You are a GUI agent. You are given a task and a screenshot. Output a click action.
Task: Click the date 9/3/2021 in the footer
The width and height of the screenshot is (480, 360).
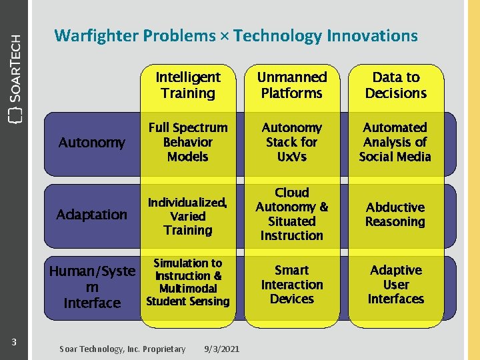coord(223,349)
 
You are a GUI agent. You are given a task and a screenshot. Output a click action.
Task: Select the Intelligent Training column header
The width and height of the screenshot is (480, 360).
coord(188,85)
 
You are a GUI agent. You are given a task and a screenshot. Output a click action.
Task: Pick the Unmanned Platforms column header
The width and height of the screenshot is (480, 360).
coord(292,85)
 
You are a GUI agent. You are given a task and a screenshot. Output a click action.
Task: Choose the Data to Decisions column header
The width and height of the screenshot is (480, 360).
coord(395,85)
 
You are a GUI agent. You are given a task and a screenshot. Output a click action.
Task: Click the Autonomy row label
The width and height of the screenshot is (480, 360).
coord(92,142)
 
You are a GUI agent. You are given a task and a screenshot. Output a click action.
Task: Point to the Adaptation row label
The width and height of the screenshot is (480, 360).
coord(92,214)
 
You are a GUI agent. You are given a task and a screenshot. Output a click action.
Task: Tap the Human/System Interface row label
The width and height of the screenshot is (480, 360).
coord(92,287)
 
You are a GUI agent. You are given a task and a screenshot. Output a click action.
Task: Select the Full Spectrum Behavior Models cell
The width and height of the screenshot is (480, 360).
coord(188,142)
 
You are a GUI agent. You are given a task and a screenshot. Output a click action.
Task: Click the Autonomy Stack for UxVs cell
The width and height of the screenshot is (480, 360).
coord(292,142)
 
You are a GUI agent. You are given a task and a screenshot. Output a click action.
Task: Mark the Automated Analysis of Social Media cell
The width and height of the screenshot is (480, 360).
coord(395,142)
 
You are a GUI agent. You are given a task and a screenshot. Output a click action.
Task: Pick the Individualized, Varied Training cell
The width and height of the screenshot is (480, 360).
coord(188,216)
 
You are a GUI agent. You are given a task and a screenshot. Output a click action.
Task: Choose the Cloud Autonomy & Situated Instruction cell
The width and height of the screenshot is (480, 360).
coord(292,214)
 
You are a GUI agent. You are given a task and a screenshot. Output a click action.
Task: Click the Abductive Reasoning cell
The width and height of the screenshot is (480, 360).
coord(395,214)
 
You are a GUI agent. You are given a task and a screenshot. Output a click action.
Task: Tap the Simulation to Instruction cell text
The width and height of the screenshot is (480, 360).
coord(188,282)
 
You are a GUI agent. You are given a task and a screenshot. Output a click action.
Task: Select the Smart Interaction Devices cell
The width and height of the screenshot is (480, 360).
coord(292,284)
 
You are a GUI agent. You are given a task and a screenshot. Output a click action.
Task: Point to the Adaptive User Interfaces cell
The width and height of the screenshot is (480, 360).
coord(395,284)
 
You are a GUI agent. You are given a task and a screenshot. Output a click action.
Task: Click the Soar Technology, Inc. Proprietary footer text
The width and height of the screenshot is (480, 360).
coord(123,349)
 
